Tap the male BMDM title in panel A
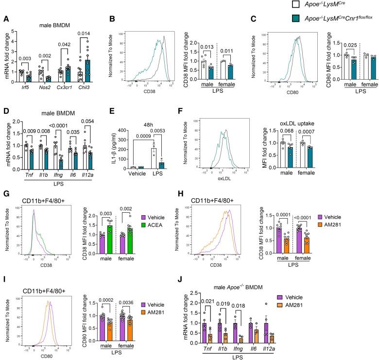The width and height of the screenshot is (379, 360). pyautogui.click(x=58, y=19)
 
